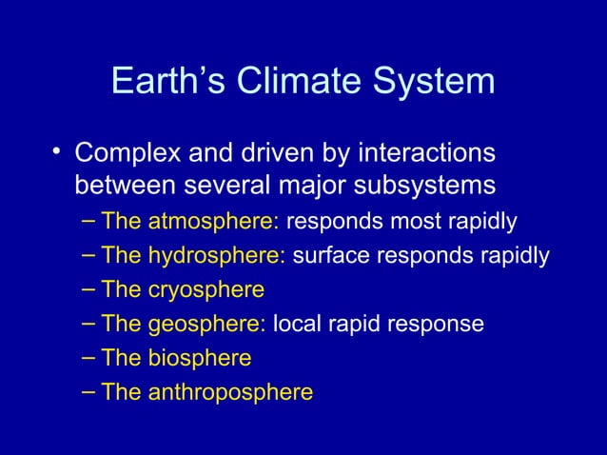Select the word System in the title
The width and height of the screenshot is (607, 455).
click(x=433, y=81)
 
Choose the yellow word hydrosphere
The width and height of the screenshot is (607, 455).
click(x=218, y=256)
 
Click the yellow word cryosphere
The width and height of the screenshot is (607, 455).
click(x=206, y=289)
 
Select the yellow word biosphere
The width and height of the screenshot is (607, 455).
click(x=200, y=358)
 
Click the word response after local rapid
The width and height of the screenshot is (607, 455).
click(x=440, y=325)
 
